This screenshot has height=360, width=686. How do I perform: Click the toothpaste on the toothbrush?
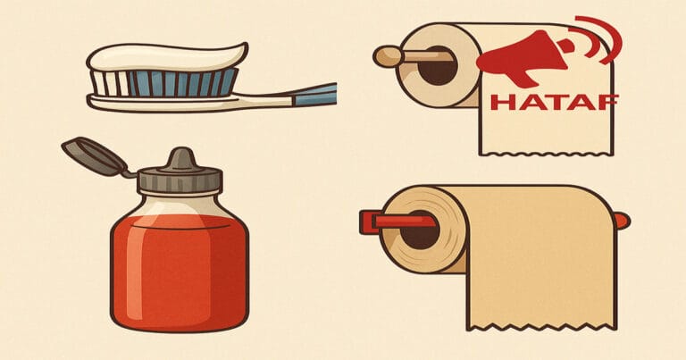click(x=166, y=57)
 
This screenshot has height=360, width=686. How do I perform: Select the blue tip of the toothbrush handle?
click(x=315, y=94)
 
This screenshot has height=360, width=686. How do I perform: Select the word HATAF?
click(x=555, y=103)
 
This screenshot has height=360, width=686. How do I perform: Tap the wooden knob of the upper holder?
click(x=388, y=57)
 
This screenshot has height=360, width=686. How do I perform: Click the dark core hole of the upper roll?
click(x=438, y=66)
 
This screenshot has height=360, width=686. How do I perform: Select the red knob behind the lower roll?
click(x=623, y=221)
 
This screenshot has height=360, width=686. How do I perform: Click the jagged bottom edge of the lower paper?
click(x=541, y=327)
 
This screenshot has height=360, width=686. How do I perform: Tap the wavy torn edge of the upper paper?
click(x=547, y=153)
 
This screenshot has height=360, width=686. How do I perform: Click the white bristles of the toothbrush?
click(x=110, y=83)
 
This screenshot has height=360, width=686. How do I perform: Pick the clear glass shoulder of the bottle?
click(x=180, y=205)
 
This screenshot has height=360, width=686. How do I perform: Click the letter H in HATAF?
click(x=500, y=103)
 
